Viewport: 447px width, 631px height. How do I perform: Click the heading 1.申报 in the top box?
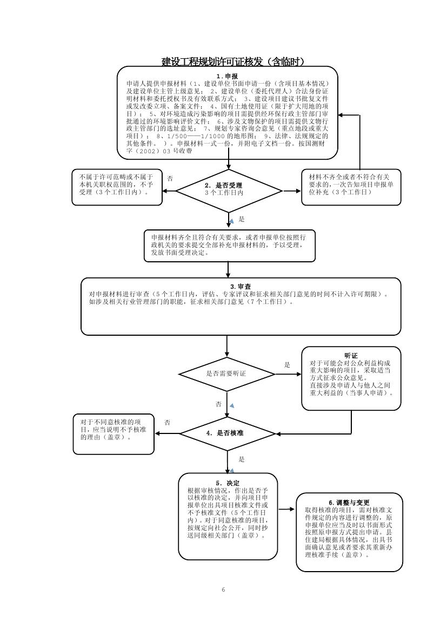(227, 76)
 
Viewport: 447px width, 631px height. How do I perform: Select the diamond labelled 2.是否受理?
(229, 190)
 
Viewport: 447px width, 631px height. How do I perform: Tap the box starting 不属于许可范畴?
(117, 187)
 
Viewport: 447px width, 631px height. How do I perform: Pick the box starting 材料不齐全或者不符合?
(351, 187)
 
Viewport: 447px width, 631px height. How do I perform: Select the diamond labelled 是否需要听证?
(226, 374)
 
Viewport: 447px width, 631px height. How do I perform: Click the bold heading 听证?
(351, 356)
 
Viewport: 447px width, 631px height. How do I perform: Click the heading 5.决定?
(228, 483)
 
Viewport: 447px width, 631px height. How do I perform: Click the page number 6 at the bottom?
(223, 589)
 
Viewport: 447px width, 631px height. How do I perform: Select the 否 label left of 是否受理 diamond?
(170, 178)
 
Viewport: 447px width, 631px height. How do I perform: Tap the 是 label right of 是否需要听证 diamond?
(287, 365)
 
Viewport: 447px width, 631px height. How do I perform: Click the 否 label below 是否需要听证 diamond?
(218, 404)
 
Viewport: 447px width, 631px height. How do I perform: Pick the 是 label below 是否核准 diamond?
(242, 459)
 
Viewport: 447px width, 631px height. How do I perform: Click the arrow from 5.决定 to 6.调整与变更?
(286, 509)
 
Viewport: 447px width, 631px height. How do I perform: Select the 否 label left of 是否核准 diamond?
(168, 422)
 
